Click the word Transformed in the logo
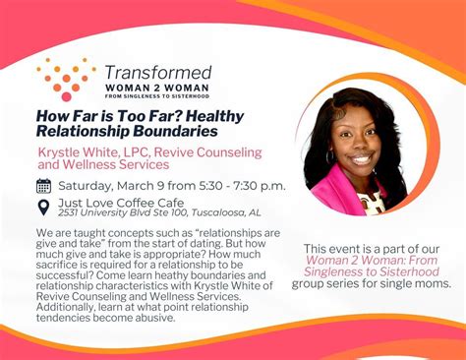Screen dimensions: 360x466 [157, 72]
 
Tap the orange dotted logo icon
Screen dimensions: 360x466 [66, 79]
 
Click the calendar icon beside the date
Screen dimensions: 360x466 [44, 186]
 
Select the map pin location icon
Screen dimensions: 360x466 [44, 207]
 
